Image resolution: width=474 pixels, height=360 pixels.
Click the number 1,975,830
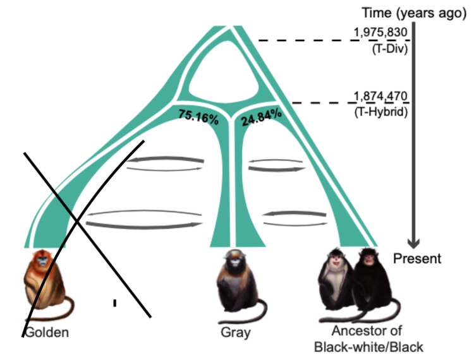380,32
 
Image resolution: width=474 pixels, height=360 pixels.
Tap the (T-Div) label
390,49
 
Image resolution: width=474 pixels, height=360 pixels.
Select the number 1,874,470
380,96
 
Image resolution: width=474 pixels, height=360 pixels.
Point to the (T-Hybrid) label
381,112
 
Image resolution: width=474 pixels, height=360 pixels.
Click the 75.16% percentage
198,117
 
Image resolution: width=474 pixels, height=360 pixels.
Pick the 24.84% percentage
262,117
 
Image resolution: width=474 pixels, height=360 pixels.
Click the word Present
417,258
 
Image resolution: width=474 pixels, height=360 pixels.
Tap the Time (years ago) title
414,13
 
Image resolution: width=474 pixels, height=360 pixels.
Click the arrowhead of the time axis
413,243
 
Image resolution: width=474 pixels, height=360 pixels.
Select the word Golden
47,332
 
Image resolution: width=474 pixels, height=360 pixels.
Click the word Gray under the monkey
236,332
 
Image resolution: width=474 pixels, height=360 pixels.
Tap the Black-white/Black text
368,347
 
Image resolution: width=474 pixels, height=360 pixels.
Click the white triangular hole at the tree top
224,73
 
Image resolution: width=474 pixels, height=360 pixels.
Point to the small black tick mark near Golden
115,303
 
